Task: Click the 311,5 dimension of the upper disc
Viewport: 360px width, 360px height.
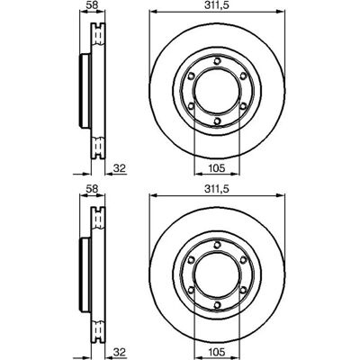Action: tap(217, 5)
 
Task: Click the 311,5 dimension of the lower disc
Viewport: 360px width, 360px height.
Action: tap(217, 189)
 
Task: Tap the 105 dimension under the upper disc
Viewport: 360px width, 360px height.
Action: tap(217, 168)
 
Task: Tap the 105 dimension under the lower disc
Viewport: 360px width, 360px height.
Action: tap(217, 352)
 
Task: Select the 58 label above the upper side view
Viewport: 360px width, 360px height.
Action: tap(92, 5)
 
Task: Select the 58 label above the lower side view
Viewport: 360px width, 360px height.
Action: tap(92, 189)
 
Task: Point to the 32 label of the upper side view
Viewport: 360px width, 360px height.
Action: tap(119, 168)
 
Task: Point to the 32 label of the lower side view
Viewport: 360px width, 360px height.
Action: tap(119, 352)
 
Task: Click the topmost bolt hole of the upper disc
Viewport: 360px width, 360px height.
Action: tap(217, 61)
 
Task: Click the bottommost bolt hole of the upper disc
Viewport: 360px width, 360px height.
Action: tap(217, 121)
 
